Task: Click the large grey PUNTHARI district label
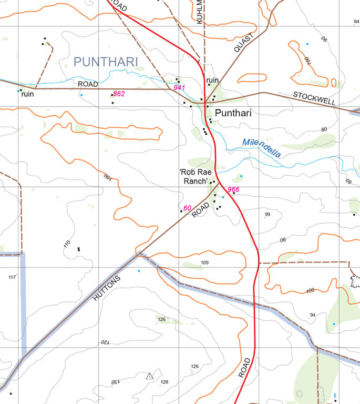click(x=106, y=62)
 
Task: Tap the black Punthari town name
click(x=233, y=113)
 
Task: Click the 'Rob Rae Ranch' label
click(x=195, y=177)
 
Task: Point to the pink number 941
click(x=179, y=88)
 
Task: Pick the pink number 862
click(x=119, y=94)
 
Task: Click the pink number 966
click(x=233, y=189)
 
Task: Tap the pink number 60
click(x=187, y=208)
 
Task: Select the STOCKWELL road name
click(x=314, y=98)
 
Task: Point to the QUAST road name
click(x=244, y=43)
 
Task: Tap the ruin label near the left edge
click(x=27, y=95)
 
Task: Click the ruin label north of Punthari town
click(x=212, y=80)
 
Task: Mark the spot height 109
click(x=205, y=262)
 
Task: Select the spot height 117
click(x=12, y=277)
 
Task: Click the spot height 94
click(x=313, y=315)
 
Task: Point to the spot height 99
click(x=267, y=214)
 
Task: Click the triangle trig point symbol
click(x=150, y=376)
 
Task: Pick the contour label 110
click(x=66, y=244)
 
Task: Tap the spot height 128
click(x=164, y=382)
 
